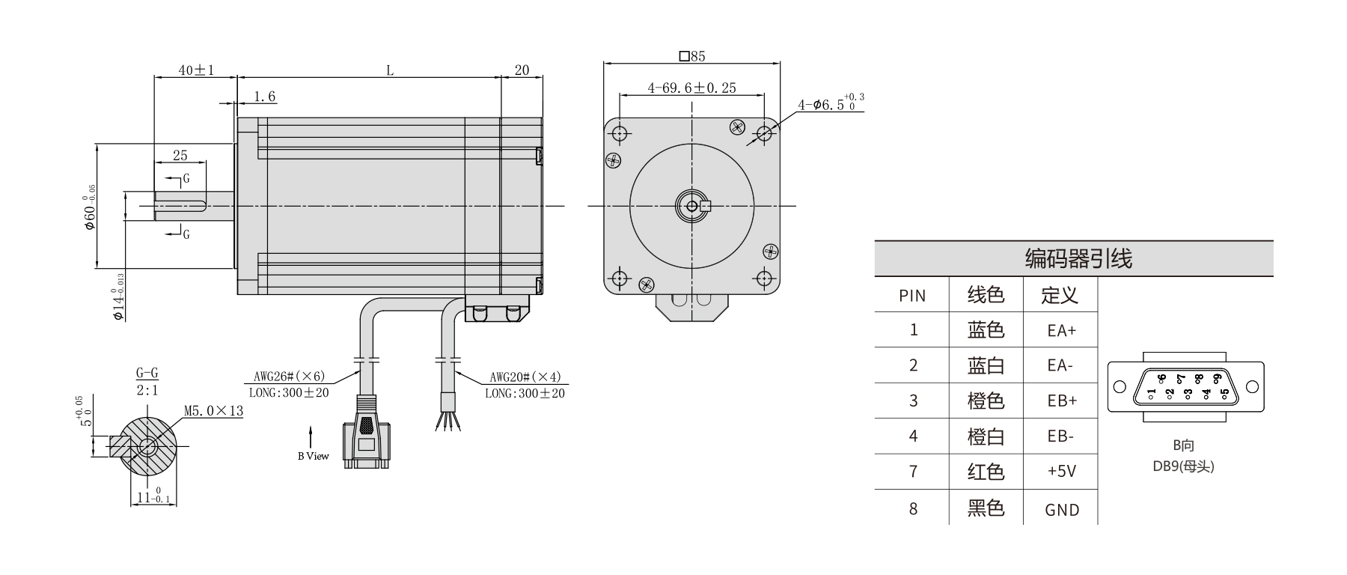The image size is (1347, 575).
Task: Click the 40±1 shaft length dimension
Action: pyautogui.click(x=196, y=70)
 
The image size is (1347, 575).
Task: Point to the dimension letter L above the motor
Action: pyautogui.click(x=390, y=70)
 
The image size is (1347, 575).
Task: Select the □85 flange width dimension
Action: pyautogui.click(x=692, y=56)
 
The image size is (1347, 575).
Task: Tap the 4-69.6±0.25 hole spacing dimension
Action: pyautogui.click(x=692, y=88)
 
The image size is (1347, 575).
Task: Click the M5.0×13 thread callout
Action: pyautogui.click(x=213, y=411)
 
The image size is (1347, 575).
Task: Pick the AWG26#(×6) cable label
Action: pyautogui.click(x=288, y=377)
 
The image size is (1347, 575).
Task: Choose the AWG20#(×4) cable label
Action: pyautogui.click(x=525, y=377)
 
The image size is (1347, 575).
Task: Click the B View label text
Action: pyautogui.click(x=313, y=456)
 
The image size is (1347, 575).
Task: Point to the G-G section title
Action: pyautogui.click(x=147, y=374)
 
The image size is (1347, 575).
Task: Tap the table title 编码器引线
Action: pyautogui.click(x=1078, y=259)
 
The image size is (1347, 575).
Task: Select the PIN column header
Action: pyautogui.click(x=912, y=296)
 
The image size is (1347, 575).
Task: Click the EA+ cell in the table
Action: pyautogui.click(x=1062, y=331)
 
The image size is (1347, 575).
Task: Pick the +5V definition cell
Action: pyautogui.click(x=1062, y=472)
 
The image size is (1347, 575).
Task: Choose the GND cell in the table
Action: pyautogui.click(x=1062, y=511)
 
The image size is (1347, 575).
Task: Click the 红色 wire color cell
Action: pyautogui.click(x=986, y=472)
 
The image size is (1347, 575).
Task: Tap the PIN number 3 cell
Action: pyautogui.click(x=913, y=401)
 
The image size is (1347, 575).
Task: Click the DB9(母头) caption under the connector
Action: pyautogui.click(x=1183, y=466)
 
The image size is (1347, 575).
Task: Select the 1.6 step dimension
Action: pyautogui.click(x=264, y=97)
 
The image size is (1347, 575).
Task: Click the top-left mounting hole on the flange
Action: pyautogui.click(x=620, y=134)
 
